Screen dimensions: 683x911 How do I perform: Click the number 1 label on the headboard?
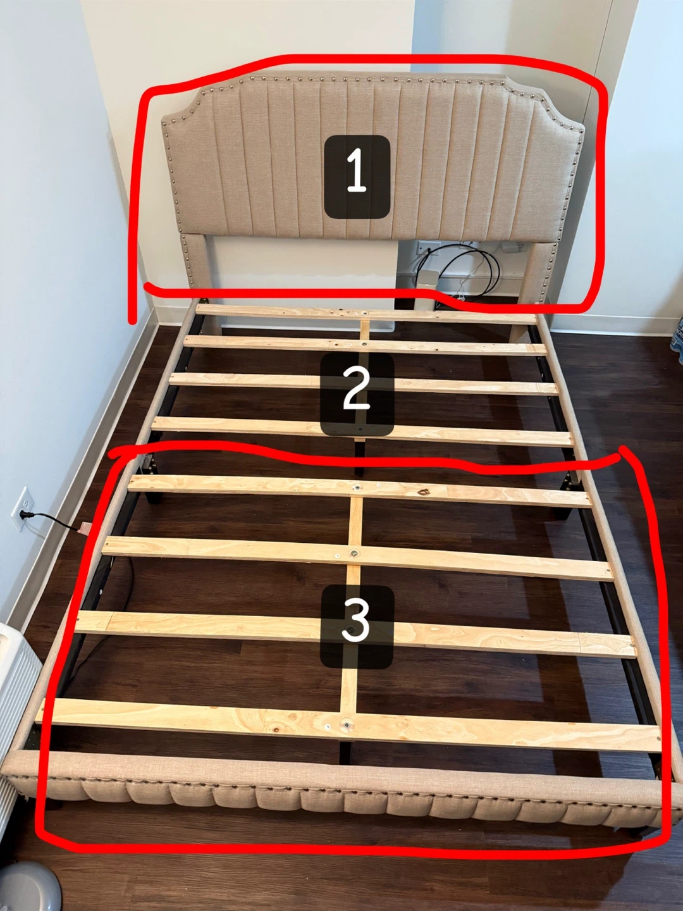point(357,177)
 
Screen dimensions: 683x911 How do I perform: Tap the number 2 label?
point(357,394)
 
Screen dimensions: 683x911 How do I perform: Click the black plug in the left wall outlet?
point(25,515)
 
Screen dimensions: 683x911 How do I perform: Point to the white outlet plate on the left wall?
point(22,509)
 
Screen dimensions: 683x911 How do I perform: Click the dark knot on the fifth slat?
point(424,492)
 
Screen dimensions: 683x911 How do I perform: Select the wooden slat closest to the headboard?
point(366,314)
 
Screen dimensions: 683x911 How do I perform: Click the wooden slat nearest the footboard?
point(349,724)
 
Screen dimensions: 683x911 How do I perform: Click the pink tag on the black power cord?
point(85,528)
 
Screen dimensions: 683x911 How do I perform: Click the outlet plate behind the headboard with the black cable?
point(424,249)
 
